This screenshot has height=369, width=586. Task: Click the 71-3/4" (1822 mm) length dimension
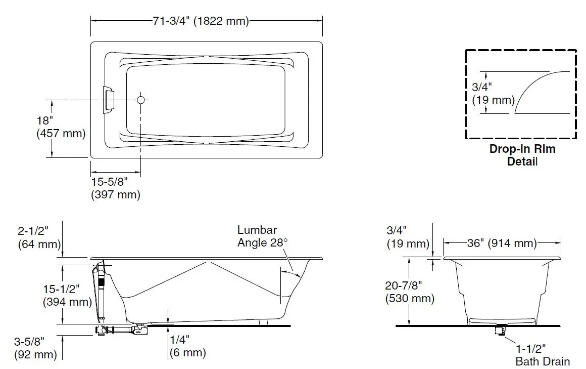pos(201,21)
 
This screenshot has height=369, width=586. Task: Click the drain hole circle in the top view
pos(141,100)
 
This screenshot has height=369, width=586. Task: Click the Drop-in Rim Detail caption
pos(522,155)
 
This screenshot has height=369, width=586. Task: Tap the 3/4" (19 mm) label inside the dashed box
pos(493,93)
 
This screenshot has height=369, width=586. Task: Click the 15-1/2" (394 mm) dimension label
pos(67,296)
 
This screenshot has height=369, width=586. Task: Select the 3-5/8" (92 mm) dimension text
pos(35,348)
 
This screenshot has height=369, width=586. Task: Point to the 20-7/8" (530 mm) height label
pos(410,292)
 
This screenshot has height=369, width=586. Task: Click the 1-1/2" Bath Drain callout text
pos(542,354)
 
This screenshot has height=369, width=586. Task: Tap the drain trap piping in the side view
pos(121,330)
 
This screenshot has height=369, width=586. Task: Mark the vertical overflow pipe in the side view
pos(100,294)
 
